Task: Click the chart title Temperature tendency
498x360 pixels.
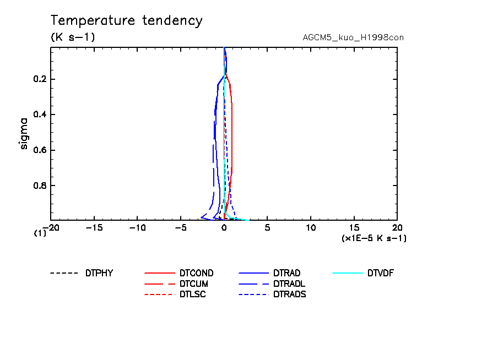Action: click(127, 21)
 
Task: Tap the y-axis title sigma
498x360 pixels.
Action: click(24, 133)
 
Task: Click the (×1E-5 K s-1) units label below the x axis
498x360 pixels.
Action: click(374, 238)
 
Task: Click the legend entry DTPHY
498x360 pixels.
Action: click(99, 273)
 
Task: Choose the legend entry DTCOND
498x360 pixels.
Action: click(196, 273)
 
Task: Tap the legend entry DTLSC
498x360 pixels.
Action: click(192, 294)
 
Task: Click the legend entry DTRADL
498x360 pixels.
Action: click(289, 283)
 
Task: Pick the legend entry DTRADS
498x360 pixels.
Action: click(289, 294)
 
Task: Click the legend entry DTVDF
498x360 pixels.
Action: click(380, 273)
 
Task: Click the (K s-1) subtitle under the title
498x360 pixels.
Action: click(73, 37)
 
